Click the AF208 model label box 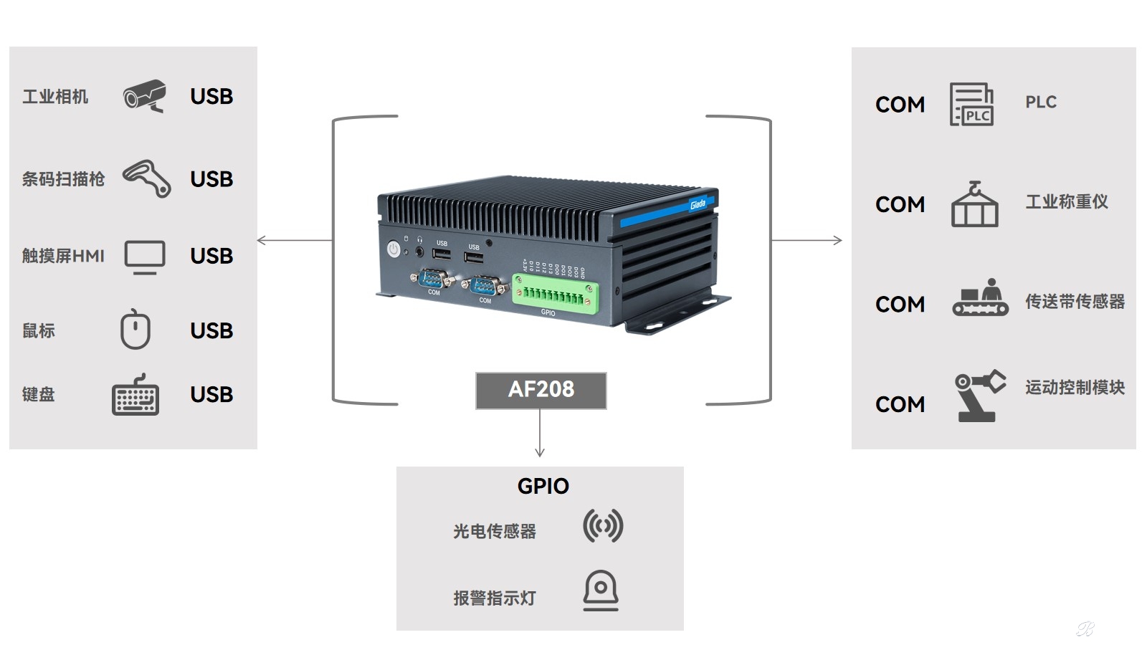coord(541,390)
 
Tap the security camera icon coord(145,96)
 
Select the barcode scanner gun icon coord(147,178)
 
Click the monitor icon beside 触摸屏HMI coord(145,257)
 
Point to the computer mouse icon coord(135,330)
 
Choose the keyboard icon coord(135,395)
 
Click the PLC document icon coord(971,105)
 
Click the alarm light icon coord(601,591)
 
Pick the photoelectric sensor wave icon coord(603,526)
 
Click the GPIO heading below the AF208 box coord(543,486)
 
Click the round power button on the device coord(394,249)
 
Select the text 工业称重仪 coord(1067,202)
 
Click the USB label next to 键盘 coord(211,395)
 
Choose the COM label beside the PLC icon coord(900,105)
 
